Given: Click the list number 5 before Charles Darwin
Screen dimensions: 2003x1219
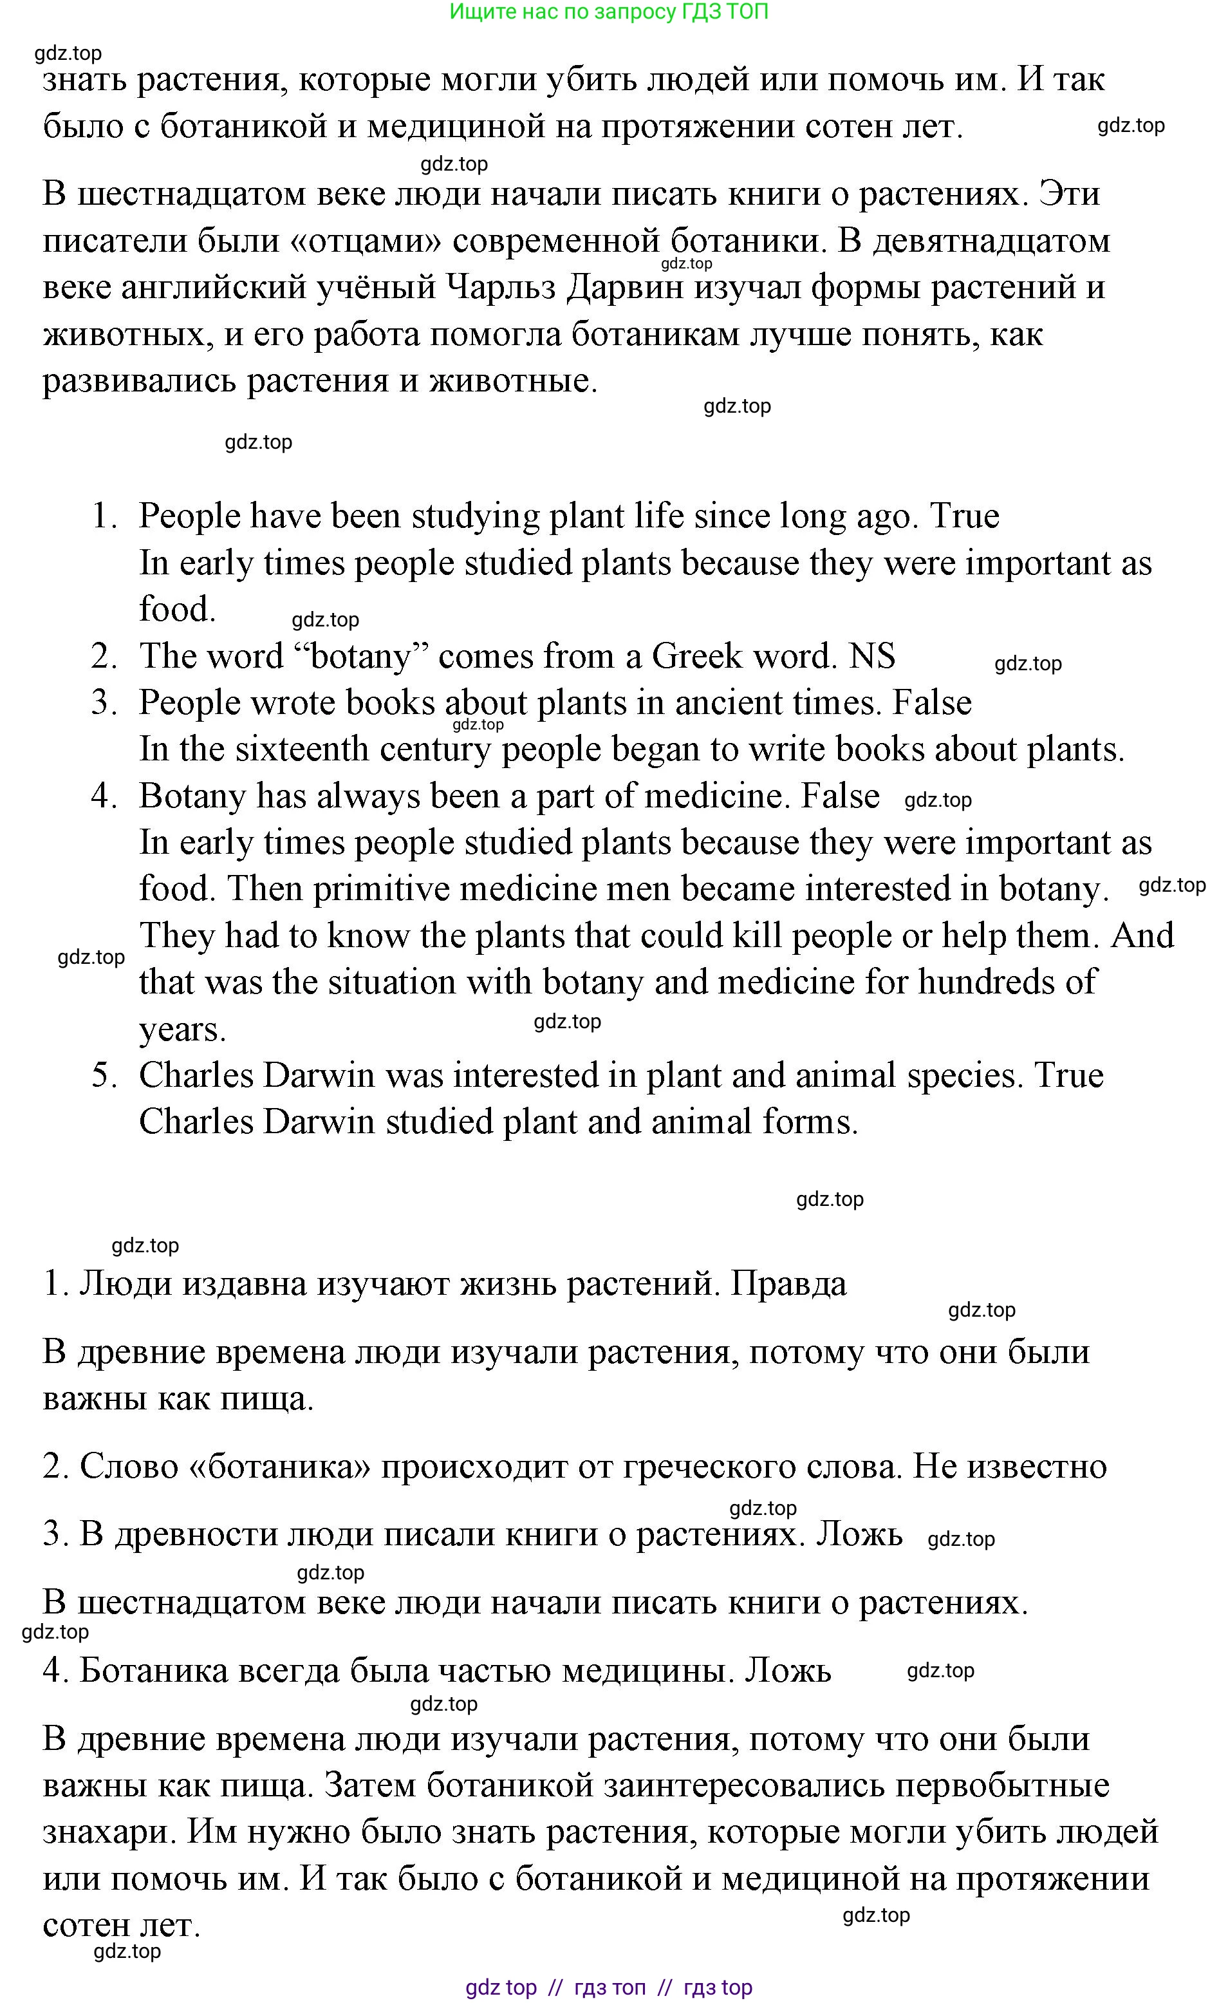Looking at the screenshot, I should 104,1075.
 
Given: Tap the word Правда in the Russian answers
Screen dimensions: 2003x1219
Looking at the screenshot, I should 788,1284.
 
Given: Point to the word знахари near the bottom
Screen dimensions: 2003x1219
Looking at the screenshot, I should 103,1833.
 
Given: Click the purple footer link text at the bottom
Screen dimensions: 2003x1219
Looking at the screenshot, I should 609,1987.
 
